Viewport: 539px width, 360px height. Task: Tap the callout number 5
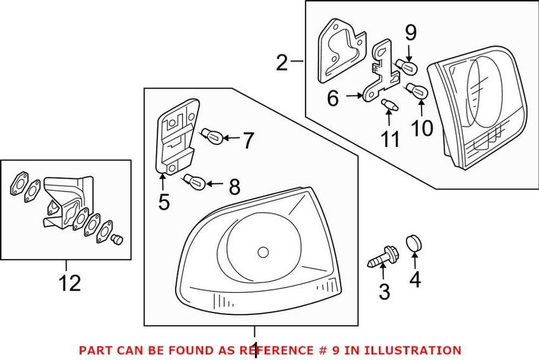pyautogui.click(x=164, y=202)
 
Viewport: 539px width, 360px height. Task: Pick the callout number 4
pyautogui.click(x=415, y=279)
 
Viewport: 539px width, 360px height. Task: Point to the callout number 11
pyautogui.click(x=391, y=138)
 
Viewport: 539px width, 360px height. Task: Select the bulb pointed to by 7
pyautogui.click(x=212, y=134)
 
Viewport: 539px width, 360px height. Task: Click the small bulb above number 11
pyautogui.click(x=389, y=105)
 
